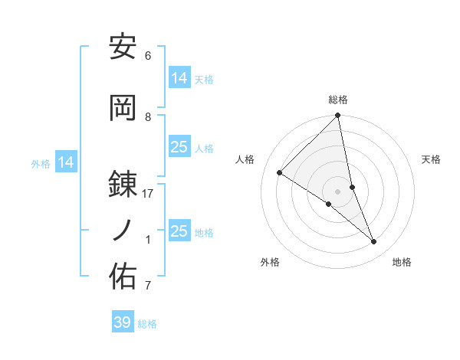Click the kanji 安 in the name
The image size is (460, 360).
click(x=123, y=48)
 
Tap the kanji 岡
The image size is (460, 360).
click(x=123, y=107)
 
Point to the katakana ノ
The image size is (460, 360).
click(x=123, y=230)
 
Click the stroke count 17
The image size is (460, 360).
click(x=149, y=194)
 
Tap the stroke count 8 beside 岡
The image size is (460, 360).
click(x=149, y=117)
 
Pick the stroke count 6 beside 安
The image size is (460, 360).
click(x=148, y=56)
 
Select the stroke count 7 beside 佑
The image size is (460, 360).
click(x=148, y=286)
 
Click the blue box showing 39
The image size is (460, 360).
click(x=123, y=322)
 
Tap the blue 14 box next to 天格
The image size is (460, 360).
click(x=179, y=77)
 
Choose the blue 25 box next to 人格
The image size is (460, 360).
click(x=179, y=146)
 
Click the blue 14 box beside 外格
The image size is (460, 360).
click(x=66, y=162)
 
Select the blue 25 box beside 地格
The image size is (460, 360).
click(x=179, y=231)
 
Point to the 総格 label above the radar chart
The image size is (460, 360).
click(x=338, y=100)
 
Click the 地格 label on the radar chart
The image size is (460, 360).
click(x=402, y=262)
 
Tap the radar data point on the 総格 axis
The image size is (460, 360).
click(x=337, y=116)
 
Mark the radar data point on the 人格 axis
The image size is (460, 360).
click(x=280, y=173)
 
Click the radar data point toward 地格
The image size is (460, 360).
click(x=374, y=242)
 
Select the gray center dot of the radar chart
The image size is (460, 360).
click(x=337, y=191)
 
